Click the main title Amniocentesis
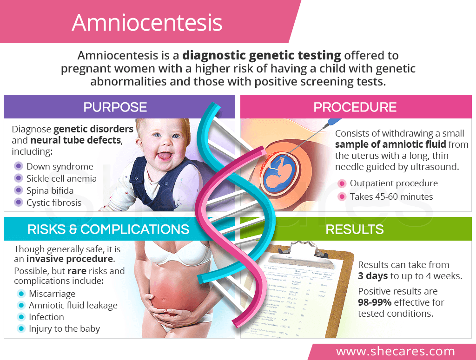tap(147, 23)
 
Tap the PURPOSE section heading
tap(115, 107)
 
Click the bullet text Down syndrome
tap(59, 166)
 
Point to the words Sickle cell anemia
tap(61, 178)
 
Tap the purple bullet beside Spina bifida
tap(18, 190)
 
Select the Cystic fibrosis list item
tap(54, 203)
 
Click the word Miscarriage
tap(52, 294)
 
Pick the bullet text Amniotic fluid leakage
tap(73, 305)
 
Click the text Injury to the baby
tap(64, 329)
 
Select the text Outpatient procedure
tap(394, 183)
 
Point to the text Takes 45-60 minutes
tap(391, 196)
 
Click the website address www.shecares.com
tap(396, 351)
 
